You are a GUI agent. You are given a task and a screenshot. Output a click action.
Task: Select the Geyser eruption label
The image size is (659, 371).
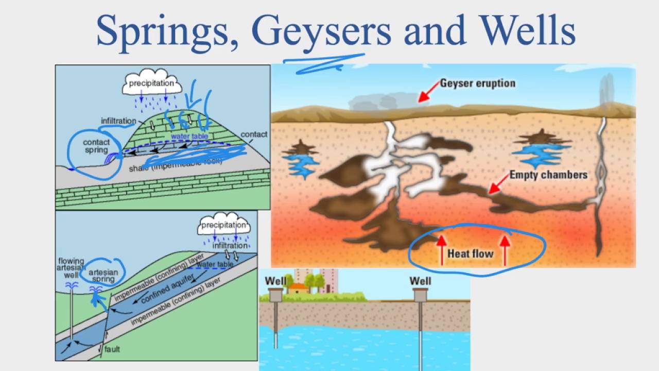tap(477, 83)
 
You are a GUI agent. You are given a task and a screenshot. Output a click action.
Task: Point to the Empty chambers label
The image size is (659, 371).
tap(548, 175)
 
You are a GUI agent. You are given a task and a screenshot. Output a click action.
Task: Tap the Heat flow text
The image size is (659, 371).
tap(470, 254)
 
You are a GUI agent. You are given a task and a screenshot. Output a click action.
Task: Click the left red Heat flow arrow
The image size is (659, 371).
tap(441, 249)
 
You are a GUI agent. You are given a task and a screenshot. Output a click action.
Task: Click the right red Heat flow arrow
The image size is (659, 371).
tap(505, 249)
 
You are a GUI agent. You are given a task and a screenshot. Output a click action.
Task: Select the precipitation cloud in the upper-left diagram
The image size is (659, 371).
tap(152, 83)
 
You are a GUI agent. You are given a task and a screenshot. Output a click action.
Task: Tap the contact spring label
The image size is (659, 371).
tap(96, 146)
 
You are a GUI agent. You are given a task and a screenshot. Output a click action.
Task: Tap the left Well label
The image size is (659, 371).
tap(275, 281)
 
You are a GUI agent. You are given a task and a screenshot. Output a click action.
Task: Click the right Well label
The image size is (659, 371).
tap(420, 281)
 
